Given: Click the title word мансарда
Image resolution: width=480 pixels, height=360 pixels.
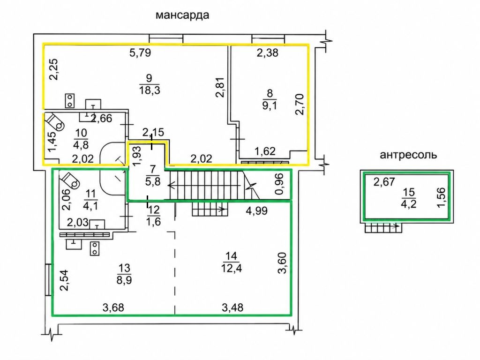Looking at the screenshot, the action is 182,15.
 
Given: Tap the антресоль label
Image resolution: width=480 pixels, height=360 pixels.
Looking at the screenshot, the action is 408,155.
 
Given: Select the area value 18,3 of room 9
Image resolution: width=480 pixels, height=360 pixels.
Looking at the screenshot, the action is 150,90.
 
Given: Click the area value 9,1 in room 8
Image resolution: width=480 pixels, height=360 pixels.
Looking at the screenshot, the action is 270,105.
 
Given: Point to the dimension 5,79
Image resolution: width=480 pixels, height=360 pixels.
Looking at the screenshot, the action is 140,52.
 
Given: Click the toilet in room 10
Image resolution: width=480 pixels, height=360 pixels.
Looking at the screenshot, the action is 55,121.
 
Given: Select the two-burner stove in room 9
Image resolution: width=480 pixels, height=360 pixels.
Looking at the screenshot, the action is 70,101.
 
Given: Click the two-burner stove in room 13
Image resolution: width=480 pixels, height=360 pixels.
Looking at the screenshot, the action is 95,248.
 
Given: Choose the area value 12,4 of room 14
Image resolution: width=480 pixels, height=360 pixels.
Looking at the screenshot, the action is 232,268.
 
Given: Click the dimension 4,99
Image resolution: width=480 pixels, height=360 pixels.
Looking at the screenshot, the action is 257,210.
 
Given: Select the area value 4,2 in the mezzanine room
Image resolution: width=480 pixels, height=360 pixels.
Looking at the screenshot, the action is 409,203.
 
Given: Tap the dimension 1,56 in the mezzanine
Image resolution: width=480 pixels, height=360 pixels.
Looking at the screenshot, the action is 442,197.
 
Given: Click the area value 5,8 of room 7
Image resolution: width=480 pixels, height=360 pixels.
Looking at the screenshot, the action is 153,181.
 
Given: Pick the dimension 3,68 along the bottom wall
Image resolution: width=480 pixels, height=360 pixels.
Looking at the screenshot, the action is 113,307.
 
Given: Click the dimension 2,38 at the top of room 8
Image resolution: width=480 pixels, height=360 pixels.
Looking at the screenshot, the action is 268,53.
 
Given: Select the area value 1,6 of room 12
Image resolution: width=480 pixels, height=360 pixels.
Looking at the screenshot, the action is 153,221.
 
